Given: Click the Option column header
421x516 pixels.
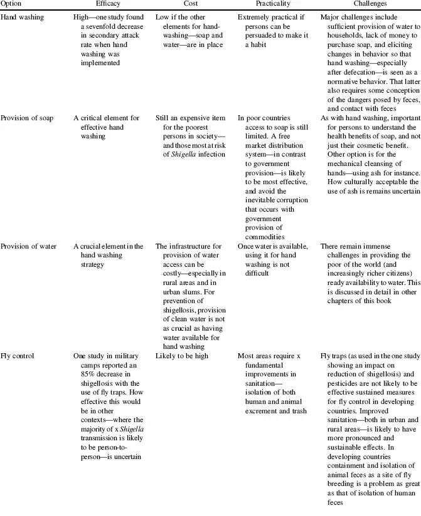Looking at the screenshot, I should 13,4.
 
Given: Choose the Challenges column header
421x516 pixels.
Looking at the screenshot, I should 367,4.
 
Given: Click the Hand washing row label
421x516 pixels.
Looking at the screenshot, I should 23,17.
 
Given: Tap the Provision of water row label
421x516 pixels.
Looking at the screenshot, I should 28,246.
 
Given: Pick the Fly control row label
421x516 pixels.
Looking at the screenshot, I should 18,356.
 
